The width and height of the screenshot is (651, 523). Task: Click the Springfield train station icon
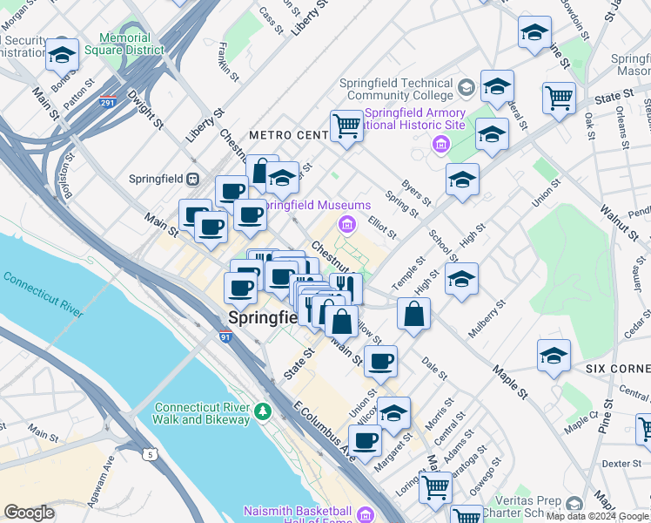coord(194,179)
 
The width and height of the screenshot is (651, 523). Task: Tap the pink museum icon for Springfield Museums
coord(347,226)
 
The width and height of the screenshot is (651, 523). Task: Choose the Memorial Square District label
coord(131,44)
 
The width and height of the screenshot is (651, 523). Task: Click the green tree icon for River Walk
coord(261,409)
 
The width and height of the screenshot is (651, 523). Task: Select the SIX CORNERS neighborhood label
coord(618,369)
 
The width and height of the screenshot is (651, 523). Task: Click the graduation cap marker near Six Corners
coord(554,355)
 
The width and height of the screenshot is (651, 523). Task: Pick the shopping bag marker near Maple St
coord(414,312)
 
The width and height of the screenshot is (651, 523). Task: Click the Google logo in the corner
coord(30,513)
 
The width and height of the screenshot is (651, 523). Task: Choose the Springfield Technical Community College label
coord(397,88)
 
